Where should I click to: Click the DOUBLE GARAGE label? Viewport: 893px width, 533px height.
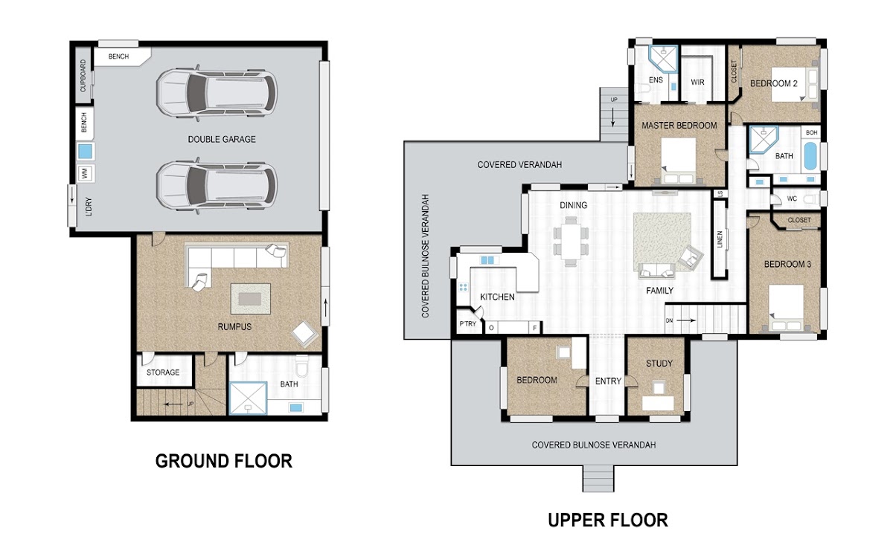pyautogui.click(x=222, y=140)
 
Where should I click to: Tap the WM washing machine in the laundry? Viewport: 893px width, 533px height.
pyautogui.click(x=85, y=174)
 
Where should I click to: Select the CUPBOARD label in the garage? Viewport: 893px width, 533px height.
pyautogui.click(x=83, y=76)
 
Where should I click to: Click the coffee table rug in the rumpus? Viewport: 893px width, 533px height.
pyautogui.click(x=250, y=299)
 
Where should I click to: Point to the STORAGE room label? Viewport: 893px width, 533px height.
pyautogui.click(x=163, y=372)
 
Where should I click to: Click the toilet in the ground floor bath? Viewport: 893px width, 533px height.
pyautogui.click(x=302, y=366)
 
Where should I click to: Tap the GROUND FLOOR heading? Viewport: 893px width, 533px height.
pyautogui.click(x=224, y=462)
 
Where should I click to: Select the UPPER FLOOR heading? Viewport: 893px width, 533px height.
pyautogui.click(x=607, y=520)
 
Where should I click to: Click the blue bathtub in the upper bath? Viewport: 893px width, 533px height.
pyautogui.click(x=810, y=156)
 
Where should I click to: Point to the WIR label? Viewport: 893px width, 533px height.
pyautogui.click(x=697, y=83)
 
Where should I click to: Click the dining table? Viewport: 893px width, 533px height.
pyautogui.click(x=571, y=242)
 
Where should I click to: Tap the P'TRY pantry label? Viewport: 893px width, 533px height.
pyautogui.click(x=467, y=324)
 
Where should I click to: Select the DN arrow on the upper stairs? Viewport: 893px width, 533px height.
pyautogui.click(x=686, y=320)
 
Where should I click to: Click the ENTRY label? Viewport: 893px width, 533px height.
pyautogui.click(x=608, y=381)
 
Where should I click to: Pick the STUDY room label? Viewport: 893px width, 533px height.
pyautogui.click(x=659, y=364)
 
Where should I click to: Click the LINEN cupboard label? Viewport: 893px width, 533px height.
pyautogui.click(x=720, y=239)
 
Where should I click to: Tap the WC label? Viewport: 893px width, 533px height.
pyautogui.click(x=792, y=198)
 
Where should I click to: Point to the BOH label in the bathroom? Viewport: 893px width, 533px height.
pyautogui.click(x=812, y=132)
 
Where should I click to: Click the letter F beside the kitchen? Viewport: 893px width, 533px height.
pyautogui.click(x=534, y=328)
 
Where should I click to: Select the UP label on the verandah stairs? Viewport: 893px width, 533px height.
pyautogui.click(x=614, y=100)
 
